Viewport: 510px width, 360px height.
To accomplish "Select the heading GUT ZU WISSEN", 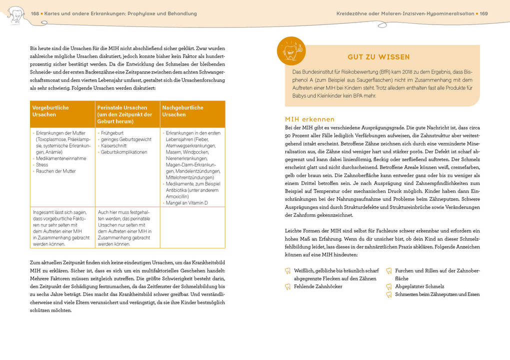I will [378, 57].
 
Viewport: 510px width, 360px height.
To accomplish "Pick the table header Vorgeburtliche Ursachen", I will [50, 111].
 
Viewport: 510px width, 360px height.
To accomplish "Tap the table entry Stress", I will [42, 164].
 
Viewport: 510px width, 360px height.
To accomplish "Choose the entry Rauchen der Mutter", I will [55, 171].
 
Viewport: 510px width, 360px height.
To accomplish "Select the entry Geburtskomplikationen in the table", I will [124, 152].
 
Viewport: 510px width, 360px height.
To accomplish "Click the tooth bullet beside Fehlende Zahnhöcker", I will [287, 286].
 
